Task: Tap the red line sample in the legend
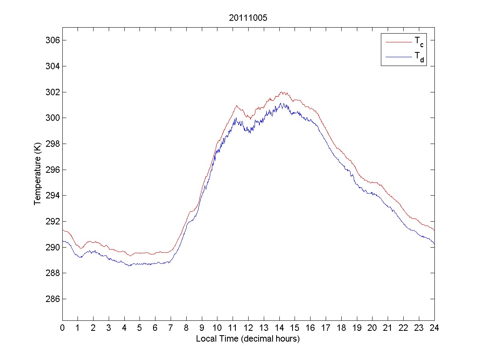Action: pos(398,42)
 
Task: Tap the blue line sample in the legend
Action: pos(398,57)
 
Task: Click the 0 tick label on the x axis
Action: pos(62,328)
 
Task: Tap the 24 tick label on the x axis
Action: pos(434,328)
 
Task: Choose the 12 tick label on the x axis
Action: pos(248,328)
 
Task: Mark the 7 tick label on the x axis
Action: pos(171,328)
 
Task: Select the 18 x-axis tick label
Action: pos(341,328)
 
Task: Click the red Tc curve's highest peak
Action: pos(282,92)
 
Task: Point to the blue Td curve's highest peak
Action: pos(282,103)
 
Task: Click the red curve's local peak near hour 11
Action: pos(237,106)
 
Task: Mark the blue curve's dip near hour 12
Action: pos(250,132)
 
